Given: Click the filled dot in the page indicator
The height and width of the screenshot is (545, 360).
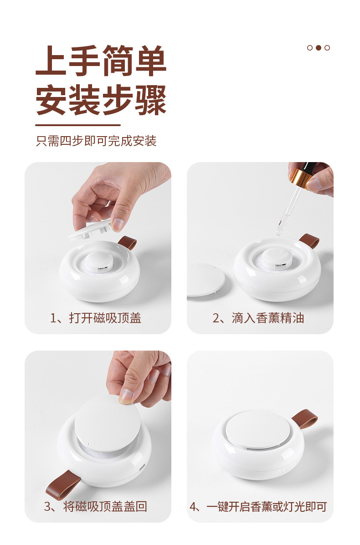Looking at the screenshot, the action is [x=318, y=48].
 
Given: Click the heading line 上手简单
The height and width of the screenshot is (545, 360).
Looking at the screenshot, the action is [x=101, y=61].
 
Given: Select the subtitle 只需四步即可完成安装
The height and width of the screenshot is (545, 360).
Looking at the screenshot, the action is [x=96, y=141].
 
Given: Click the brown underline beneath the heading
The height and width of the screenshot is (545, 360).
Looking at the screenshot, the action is [x=78, y=125].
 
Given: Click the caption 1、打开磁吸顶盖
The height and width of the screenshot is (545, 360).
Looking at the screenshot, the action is [x=96, y=318].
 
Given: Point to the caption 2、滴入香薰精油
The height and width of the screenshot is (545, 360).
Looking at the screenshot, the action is [x=258, y=318].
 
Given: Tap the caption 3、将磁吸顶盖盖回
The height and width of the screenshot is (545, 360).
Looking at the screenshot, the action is [x=96, y=506].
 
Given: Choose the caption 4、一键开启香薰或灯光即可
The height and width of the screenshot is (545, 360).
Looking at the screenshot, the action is [x=258, y=506].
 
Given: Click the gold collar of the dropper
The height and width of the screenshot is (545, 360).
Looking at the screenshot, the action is [x=301, y=178].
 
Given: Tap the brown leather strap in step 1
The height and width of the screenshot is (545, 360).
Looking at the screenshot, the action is [x=127, y=243].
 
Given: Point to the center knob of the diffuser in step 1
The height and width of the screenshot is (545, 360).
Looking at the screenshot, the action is [x=98, y=262].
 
